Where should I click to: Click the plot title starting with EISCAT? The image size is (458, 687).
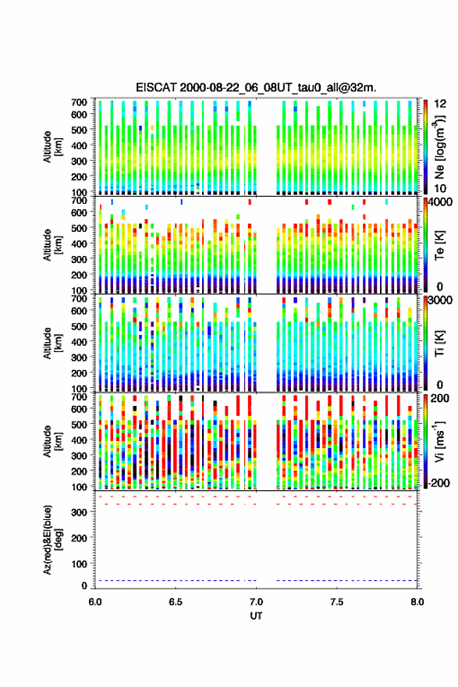(x=256, y=87)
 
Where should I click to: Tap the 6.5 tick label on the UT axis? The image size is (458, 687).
(x=176, y=602)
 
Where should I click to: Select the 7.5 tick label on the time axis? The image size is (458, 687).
(x=337, y=602)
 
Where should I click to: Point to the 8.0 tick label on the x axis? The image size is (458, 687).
(x=417, y=602)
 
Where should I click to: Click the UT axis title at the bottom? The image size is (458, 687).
(x=256, y=616)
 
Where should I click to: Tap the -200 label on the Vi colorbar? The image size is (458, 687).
(x=439, y=482)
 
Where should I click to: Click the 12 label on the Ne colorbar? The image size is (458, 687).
(x=440, y=104)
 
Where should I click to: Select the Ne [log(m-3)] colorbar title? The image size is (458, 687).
(x=439, y=146)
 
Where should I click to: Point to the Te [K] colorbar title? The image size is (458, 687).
(x=439, y=245)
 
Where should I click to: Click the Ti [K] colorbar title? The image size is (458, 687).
(x=439, y=343)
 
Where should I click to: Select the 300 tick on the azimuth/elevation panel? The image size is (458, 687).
(x=80, y=512)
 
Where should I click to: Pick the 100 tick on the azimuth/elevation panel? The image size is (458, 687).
(x=80, y=564)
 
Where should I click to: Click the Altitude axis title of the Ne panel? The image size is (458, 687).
(x=53, y=146)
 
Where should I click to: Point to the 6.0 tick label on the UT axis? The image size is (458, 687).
(x=95, y=602)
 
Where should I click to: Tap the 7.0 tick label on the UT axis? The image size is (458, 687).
(x=256, y=602)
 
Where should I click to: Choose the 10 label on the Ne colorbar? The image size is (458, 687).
(x=440, y=188)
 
